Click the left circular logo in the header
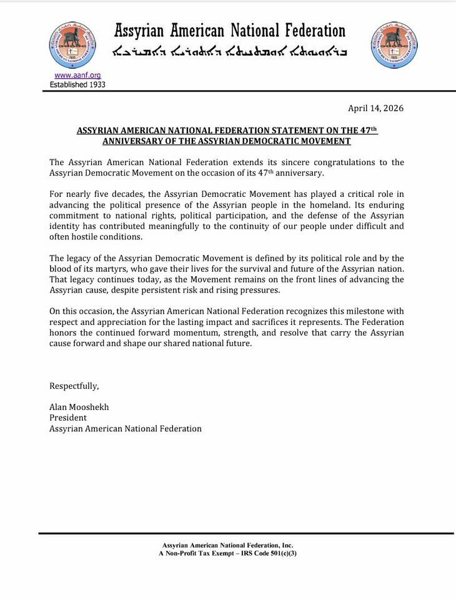click(x=72, y=44)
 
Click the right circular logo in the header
click(x=394, y=44)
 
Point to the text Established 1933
click(x=77, y=84)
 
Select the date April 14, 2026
click(x=375, y=108)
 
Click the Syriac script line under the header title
click(x=229, y=51)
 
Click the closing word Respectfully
click(x=74, y=386)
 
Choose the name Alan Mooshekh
click(x=79, y=407)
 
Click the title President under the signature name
click(x=68, y=417)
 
